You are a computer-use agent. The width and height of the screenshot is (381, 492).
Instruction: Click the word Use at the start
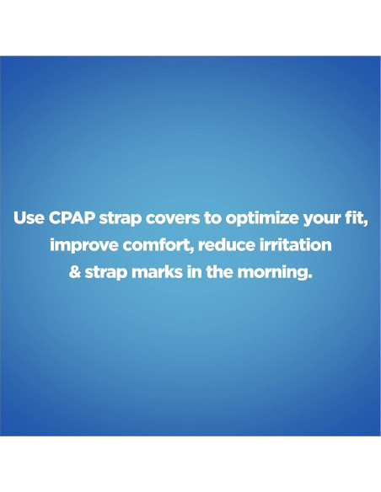coord(30,217)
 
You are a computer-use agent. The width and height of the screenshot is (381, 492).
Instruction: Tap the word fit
coord(351,217)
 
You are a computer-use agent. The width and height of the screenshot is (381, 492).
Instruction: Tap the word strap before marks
coord(105,273)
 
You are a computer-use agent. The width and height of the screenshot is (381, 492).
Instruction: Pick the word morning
coord(271,273)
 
